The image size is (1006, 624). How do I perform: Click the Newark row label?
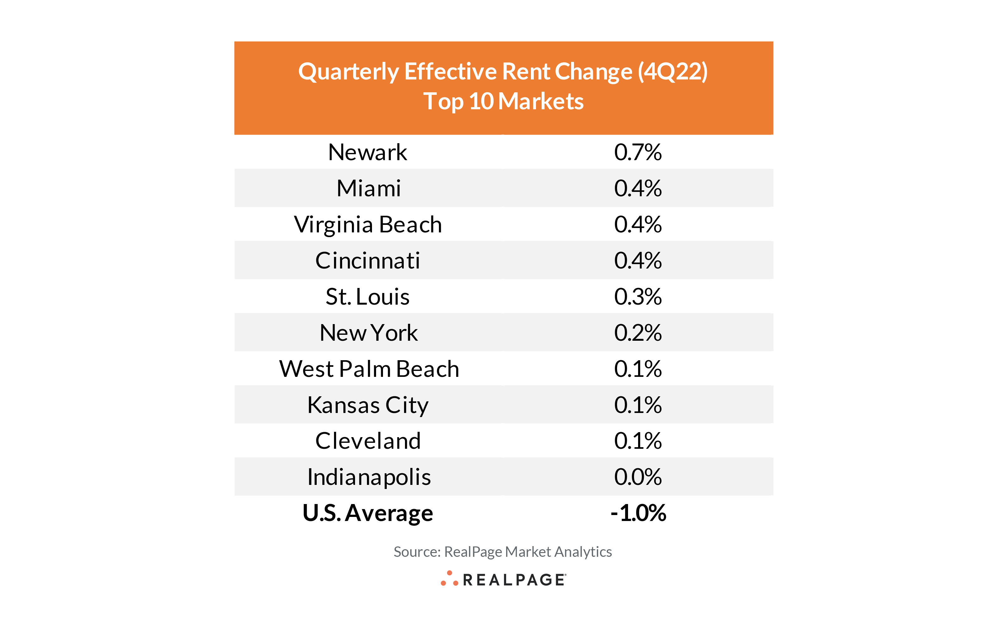(x=367, y=152)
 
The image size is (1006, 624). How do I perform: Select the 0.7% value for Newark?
(x=637, y=152)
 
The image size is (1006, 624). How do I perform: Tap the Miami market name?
(x=368, y=188)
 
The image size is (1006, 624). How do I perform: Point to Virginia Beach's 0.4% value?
(x=637, y=225)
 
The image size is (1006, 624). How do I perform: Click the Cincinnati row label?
(x=367, y=260)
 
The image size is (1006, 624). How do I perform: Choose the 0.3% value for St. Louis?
(x=637, y=297)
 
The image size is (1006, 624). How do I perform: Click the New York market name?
(x=368, y=333)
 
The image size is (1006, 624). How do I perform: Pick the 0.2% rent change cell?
(x=637, y=333)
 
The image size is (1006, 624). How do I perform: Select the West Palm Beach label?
(x=369, y=369)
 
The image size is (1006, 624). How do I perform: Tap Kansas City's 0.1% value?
(x=637, y=405)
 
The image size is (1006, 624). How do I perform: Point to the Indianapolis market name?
(x=369, y=477)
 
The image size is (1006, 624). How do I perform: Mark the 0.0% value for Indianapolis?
(x=637, y=477)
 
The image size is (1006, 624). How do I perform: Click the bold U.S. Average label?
(x=367, y=513)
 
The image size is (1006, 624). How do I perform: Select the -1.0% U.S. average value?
(x=638, y=513)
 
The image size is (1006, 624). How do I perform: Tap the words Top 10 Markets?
(x=503, y=101)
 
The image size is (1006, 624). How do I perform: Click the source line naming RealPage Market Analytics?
(x=502, y=552)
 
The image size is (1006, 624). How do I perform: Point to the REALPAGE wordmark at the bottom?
(x=514, y=580)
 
